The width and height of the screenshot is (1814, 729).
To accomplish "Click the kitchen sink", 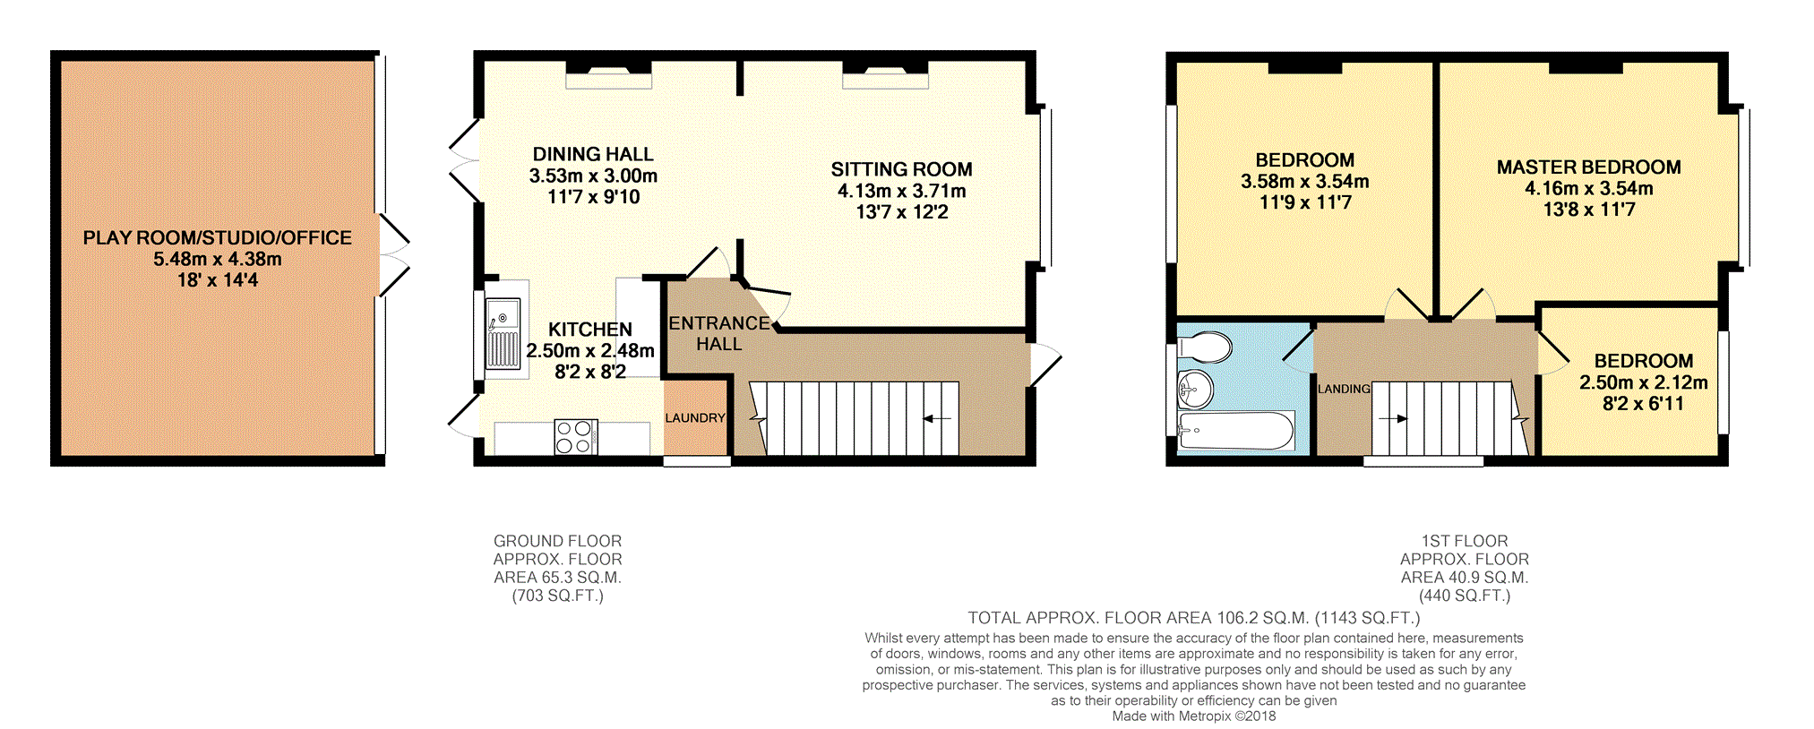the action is point(503,334).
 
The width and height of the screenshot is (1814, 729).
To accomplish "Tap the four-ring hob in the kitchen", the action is point(575,437).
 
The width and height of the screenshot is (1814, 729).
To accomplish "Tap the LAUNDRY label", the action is point(695,418).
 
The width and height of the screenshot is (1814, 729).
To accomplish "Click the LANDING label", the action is point(1344,389).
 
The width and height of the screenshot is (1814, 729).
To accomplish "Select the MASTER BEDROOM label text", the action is point(1588,167).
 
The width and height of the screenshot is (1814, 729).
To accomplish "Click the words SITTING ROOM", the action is point(901,169).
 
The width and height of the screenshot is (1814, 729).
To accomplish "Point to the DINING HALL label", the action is point(593,154).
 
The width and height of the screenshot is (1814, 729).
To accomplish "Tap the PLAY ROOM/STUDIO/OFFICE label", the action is point(218,237).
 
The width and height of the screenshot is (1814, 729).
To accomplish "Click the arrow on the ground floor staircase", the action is point(936,417).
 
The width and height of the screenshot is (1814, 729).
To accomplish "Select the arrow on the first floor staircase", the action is point(1393,418).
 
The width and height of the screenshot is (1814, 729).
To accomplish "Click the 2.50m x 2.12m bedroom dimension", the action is point(1643,382).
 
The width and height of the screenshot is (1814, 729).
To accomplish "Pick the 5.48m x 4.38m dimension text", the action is point(218,259).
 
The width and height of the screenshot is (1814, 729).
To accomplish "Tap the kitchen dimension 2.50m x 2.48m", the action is point(590,350).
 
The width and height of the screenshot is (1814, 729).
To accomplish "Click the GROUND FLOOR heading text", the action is point(557,541).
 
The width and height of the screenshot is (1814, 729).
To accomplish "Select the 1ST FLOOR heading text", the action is point(1465,541).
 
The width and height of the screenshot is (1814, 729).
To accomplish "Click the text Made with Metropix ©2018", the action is point(1194,716).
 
